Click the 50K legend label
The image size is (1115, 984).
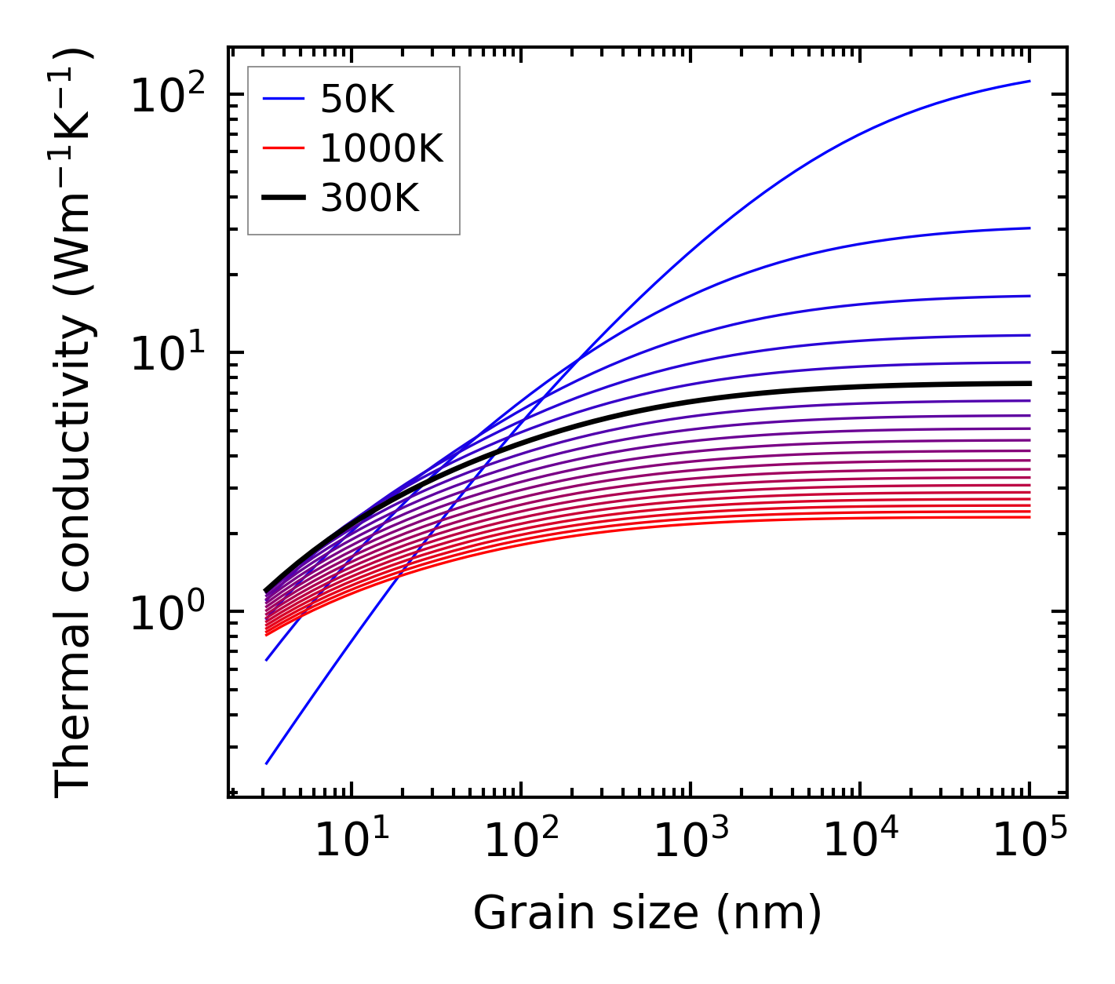click(x=357, y=100)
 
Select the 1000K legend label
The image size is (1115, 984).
click(x=381, y=149)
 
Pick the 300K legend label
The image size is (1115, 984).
click(x=370, y=199)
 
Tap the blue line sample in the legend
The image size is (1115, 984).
click(x=283, y=100)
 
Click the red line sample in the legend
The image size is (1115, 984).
click(x=283, y=149)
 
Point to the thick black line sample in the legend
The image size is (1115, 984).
click(x=283, y=199)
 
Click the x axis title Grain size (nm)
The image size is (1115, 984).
click(x=647, y=913)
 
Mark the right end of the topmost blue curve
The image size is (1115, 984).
click(x=1029, y=81)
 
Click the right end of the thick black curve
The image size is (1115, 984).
click(x=1029, y=383)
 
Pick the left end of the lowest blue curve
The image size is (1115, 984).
click(x=267, y=763)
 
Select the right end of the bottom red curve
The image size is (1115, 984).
click(x=1029, y=517)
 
